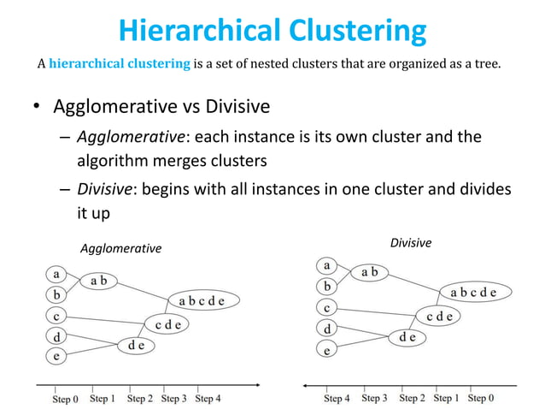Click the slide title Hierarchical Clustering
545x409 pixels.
[x=272, y=31]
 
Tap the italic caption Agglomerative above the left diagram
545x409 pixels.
[x=120, y=248]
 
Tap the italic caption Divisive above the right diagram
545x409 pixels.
[x=411, y=243]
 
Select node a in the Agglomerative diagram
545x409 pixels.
[x=56, y=275]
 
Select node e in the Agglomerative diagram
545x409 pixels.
[x=56, y=356]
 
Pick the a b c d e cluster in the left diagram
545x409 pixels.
[x=202, y=300]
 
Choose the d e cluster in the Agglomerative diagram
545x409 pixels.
[x=136, y=346]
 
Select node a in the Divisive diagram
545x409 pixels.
[x=326, y=265]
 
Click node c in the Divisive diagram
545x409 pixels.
[x=326, y=307]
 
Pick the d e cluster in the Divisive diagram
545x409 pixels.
[x=407, y=337]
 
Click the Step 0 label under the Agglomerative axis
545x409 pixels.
[x=65, y=398]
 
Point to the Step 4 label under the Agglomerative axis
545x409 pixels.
[x=208, y=398]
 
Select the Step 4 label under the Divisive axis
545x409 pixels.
[x=337, y=398]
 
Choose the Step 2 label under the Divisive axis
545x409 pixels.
[x=412, y=398]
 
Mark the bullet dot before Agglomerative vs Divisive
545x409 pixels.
[x=37, y=108]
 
